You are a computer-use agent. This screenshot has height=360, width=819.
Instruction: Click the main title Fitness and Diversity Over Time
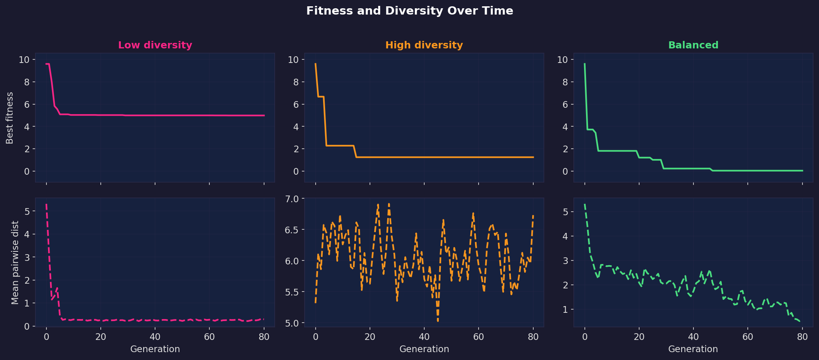coord(409,11)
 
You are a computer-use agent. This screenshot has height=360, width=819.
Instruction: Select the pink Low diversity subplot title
coord(155,45)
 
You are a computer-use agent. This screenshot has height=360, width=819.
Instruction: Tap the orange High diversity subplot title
coord(424,45)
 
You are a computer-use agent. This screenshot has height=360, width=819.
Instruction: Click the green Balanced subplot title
coord(693,45)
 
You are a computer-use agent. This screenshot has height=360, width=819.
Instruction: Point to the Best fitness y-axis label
coord(10,118)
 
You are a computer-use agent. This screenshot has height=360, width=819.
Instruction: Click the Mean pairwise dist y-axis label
coord(15,262)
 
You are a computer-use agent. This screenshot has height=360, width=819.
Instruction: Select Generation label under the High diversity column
coord(424,349)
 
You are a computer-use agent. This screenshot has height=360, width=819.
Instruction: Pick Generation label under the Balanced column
coord(693,349)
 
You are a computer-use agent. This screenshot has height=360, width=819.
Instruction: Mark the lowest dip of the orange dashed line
coord(438,321)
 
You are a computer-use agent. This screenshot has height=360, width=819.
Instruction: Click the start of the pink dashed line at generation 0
coord(46,205)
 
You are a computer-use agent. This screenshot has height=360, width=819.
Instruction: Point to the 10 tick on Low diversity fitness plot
coord(24,60)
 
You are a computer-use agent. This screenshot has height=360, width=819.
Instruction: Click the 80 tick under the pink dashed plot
coord(264,337)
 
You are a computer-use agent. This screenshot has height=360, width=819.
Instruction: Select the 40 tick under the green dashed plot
coord(693,337)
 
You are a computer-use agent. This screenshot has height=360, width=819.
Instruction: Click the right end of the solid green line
coord(802,171)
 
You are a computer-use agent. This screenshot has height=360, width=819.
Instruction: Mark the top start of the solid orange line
coord(315,64)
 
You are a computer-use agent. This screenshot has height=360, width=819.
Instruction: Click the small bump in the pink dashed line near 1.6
coord(57,288)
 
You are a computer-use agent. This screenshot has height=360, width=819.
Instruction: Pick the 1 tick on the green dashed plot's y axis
coord(565,310)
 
